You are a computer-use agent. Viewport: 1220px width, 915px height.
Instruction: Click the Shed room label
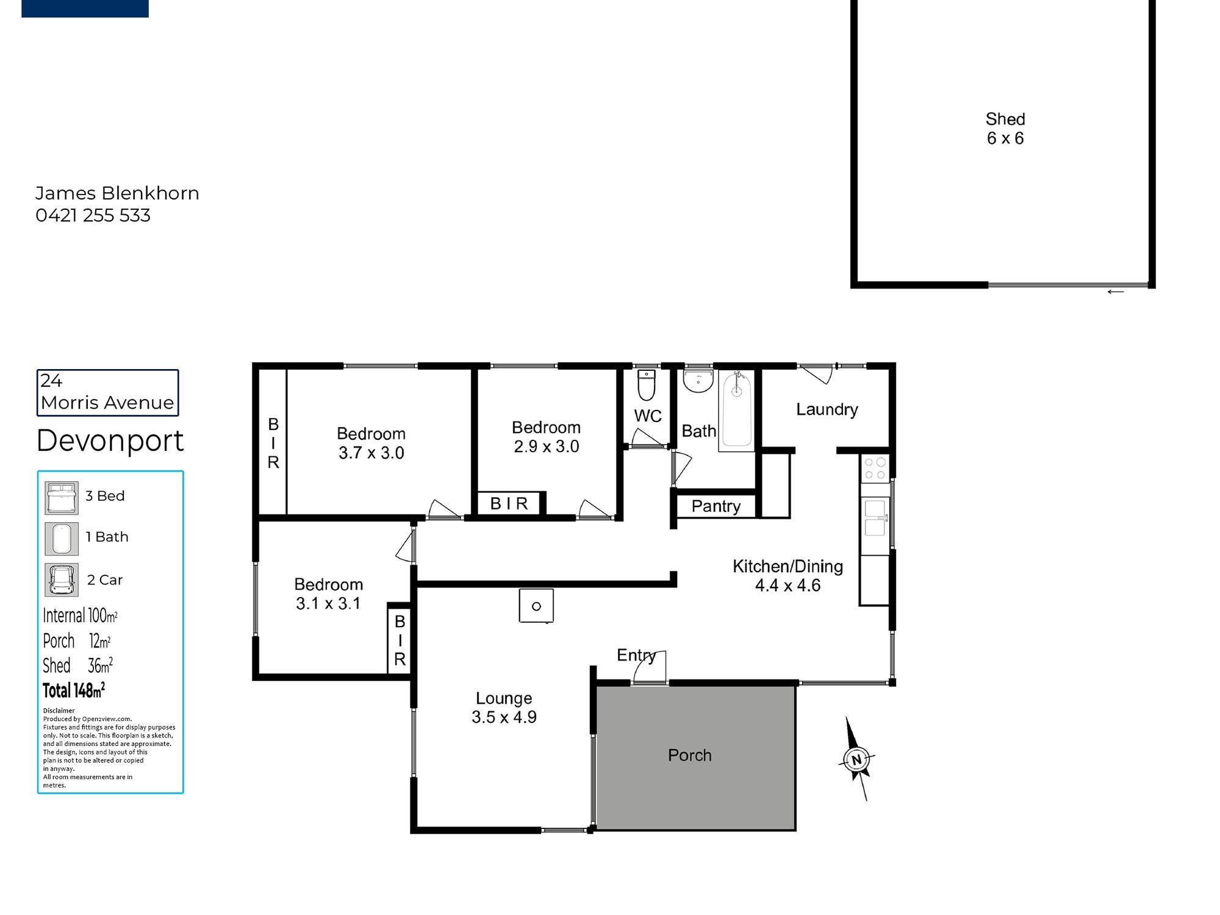coord(1005,119)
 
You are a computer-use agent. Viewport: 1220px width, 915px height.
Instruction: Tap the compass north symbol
coord(856,759)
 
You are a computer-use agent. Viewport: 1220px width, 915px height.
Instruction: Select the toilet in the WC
coord(647,384)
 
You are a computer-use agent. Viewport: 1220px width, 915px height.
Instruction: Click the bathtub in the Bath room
coord(737,411)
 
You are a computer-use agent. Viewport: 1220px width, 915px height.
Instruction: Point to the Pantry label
coord(716,506)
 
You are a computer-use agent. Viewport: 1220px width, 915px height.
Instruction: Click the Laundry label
coord(827,409)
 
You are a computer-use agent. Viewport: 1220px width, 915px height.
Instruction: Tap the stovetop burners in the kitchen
coord(875,468)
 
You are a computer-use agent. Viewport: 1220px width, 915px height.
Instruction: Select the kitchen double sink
coord(875,517)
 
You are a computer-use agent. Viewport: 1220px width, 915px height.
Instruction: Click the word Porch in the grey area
coord(689,755)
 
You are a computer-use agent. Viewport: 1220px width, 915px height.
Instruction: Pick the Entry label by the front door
coord(636,655)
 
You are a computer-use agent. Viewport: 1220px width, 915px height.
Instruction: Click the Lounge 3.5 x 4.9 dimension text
coord(504,717)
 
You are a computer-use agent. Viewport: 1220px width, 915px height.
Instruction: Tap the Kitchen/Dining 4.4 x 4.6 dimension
coord(788,586)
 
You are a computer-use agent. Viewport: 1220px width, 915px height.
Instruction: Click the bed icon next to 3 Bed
coord(62,498)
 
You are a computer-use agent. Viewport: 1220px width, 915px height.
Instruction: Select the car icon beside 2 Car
coord(62,579)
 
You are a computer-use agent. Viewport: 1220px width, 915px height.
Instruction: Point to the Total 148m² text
coord(74,690)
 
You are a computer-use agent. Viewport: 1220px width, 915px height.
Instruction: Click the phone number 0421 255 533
coord(93,215)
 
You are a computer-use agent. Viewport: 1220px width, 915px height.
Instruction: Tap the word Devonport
coord(110,440)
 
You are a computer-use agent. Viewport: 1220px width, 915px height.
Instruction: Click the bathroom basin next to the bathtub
coord(698,381)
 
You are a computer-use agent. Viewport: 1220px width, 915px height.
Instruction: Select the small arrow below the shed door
coord(1115,292)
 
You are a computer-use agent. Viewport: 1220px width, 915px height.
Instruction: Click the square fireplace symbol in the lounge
coord(536,606)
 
